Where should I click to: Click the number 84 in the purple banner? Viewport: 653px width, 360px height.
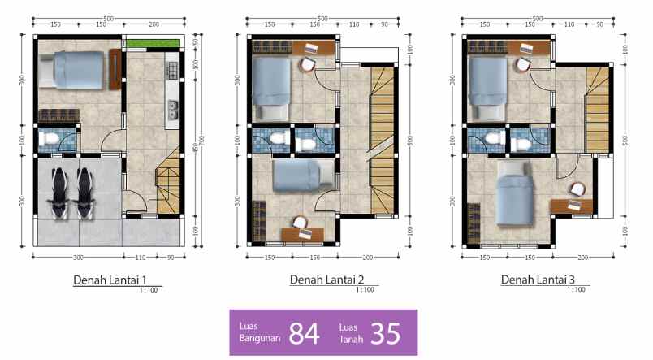[304, 333]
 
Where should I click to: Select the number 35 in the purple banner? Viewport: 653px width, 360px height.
[386, 333]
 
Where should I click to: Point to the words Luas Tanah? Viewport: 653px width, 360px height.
[349, 333]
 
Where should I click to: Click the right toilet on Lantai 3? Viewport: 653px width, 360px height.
[519, 142]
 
